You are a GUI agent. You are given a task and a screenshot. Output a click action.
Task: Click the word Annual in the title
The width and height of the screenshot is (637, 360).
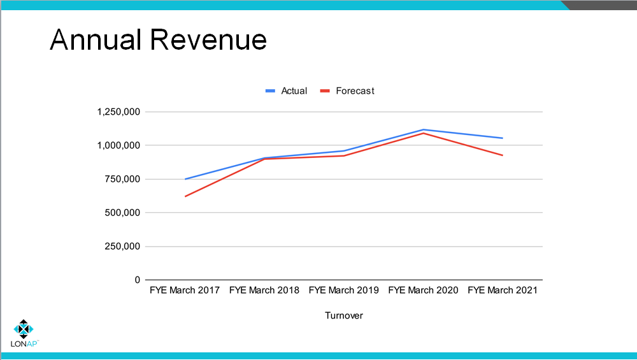[96, 40]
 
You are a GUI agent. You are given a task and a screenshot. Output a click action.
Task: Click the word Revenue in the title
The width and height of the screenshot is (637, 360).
[208, 40]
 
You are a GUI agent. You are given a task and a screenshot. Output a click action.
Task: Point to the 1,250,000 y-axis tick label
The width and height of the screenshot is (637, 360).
[118, 112]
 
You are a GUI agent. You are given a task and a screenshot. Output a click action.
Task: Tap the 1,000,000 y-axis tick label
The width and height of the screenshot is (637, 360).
[118, 145]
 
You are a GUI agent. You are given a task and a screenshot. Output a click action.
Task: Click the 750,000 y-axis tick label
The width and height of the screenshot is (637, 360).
[124, 179]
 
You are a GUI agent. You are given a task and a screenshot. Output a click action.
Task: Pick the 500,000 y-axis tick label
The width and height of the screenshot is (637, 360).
[124, 213]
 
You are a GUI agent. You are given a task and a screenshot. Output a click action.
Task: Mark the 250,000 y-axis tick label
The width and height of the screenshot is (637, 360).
[124, 247]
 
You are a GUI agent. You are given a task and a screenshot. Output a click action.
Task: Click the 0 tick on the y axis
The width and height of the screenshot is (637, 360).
[137, 280]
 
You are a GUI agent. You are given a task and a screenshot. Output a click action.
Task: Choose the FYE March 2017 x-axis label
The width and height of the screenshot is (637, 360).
[185, 291]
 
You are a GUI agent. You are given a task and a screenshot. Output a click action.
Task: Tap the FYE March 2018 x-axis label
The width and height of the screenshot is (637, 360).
[264, 291]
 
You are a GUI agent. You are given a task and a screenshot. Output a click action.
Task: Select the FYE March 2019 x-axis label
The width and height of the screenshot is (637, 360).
[344, 291]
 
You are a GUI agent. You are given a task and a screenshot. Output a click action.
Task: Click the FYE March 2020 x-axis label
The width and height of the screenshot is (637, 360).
[423, 291]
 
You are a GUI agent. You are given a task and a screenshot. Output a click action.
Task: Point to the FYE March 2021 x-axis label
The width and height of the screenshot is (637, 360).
[503, 291]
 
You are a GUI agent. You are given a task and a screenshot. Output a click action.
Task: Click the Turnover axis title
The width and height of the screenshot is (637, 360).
[344, 315]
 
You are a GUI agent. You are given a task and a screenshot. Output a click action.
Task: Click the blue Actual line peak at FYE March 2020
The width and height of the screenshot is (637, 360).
[424, 130]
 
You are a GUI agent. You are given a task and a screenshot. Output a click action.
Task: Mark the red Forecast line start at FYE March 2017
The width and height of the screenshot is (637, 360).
[185, 196]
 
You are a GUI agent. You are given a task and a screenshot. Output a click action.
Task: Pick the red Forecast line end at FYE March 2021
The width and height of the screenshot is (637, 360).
[503, 155]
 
